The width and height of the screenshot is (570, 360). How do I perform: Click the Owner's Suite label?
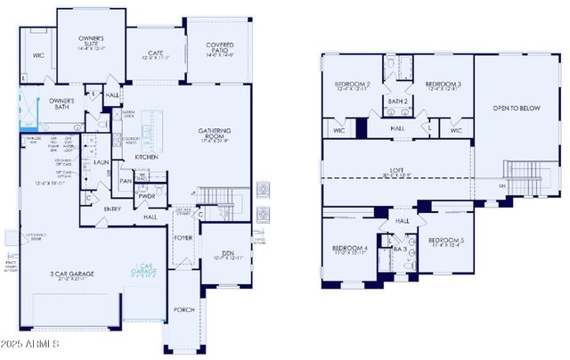91,42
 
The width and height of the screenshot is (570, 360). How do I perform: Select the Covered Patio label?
219,48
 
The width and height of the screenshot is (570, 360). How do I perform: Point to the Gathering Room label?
215,135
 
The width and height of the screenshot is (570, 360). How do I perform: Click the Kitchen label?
147,157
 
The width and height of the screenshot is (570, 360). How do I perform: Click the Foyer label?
183,238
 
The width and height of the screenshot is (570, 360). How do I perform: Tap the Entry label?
112,209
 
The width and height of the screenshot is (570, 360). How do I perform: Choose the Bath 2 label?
397,102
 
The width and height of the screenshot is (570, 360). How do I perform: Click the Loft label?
396,170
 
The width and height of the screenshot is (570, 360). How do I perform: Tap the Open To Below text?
517,108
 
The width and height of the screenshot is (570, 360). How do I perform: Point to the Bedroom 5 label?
445,243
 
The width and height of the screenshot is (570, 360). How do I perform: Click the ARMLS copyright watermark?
30,344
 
